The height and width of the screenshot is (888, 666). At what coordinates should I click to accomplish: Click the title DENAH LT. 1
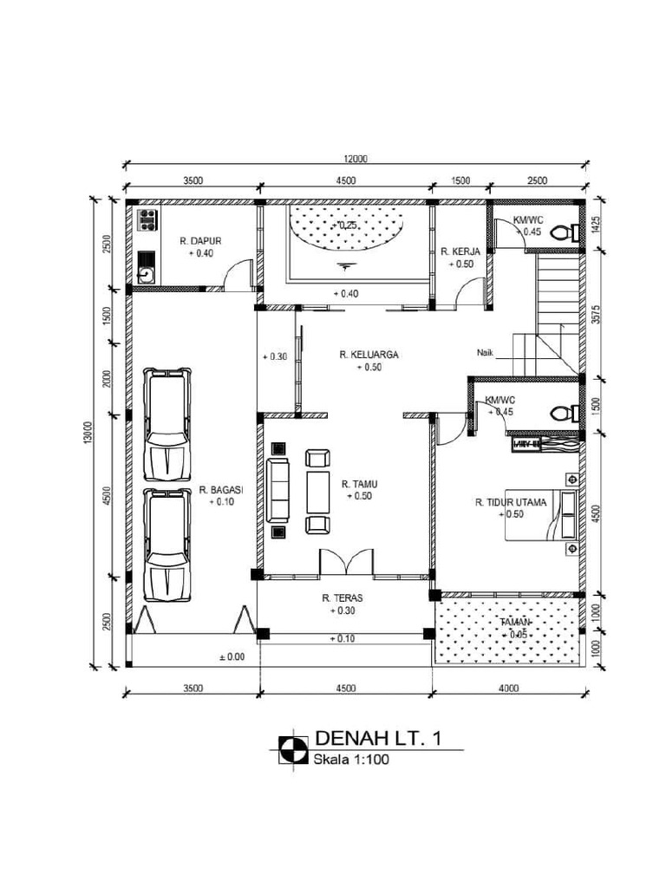380,739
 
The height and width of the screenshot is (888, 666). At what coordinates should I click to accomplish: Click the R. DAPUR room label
197,241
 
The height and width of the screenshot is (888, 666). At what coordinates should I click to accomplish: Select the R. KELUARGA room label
369,355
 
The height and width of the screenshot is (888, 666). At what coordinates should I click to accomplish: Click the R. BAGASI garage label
221,489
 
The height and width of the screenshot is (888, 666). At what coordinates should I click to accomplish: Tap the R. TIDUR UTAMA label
511,501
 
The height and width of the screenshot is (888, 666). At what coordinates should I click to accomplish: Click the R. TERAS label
343,598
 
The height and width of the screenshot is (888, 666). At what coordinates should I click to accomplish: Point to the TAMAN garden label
518,623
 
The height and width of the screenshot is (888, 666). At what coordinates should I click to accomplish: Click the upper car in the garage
166,424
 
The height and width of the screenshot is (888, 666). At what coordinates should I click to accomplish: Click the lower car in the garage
166,544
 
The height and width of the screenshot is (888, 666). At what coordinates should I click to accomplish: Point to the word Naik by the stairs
486,352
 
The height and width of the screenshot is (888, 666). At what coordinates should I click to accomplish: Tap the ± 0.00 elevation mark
232,656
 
